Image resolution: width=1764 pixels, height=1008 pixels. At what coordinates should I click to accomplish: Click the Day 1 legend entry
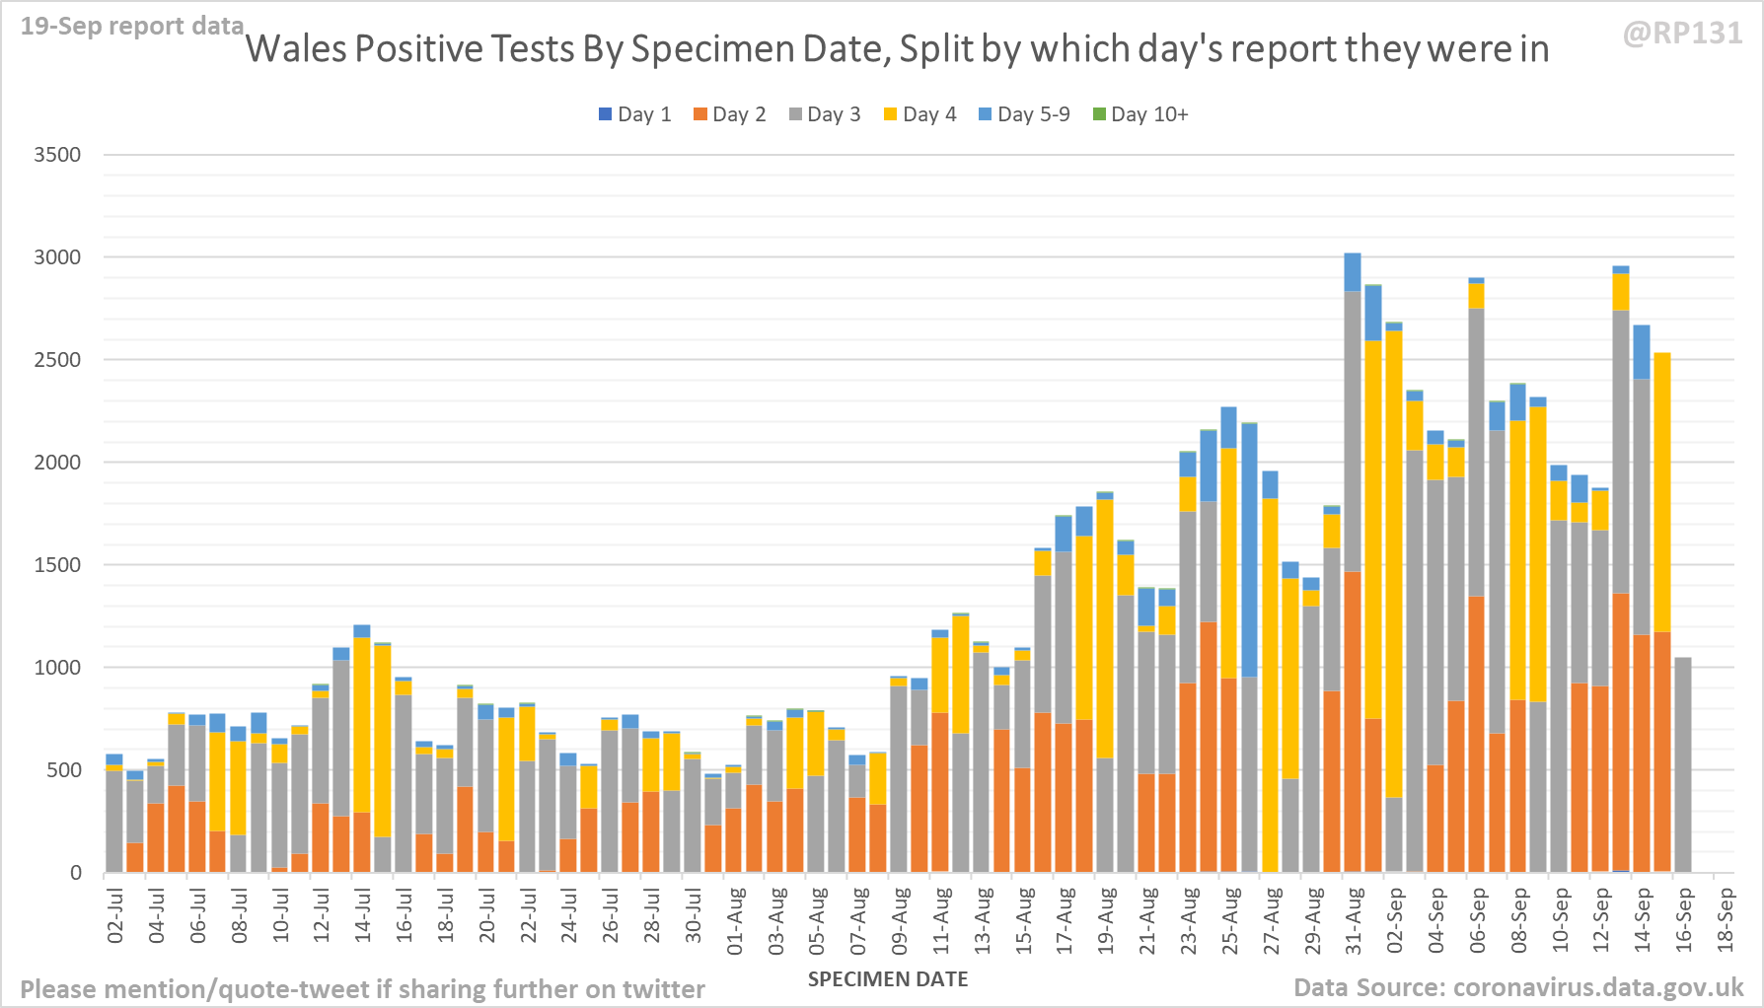[x=634, y=114]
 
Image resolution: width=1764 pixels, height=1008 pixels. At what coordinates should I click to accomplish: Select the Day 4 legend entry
[x=919, y=114]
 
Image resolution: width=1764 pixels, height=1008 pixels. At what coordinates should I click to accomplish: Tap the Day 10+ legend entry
[x=1140, y=114]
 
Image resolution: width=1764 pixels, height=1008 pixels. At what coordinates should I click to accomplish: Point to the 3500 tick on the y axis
[x=57, y=155]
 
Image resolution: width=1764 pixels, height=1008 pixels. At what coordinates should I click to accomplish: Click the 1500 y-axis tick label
[x=57, y=565]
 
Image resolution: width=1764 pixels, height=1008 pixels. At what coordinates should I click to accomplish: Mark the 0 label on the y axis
[x=75, y=873]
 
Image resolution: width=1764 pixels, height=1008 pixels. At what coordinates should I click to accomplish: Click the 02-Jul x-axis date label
[x=115, y=916]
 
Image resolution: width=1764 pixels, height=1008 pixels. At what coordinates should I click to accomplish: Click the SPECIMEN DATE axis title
[x=888, y=979]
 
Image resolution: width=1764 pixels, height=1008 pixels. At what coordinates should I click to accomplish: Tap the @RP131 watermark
[x=1682, y=34]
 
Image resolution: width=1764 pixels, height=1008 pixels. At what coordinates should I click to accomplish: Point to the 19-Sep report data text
[x=132, y=26]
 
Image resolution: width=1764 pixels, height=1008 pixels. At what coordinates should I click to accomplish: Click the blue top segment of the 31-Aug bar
[x=1353, y=272]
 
